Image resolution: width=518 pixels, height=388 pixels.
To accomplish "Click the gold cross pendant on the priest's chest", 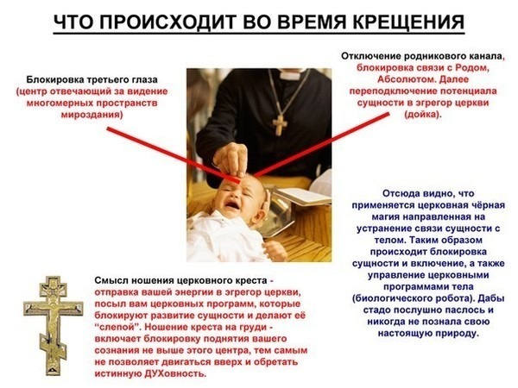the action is [x=280, y=125].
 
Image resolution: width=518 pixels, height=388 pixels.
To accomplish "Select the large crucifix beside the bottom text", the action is [x=53, y=325].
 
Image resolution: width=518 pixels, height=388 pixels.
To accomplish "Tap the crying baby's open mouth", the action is [x=232, y=205].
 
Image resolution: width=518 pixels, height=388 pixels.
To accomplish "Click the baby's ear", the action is [x=263, y=207].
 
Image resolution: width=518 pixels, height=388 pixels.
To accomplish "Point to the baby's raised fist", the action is [x=275, y=251].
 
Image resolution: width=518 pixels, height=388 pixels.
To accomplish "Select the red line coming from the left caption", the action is [x=174, y=155].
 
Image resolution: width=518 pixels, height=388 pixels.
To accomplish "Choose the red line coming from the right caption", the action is [x=321, y=144].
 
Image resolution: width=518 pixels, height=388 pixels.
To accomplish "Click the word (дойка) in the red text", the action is [x=422, y=115].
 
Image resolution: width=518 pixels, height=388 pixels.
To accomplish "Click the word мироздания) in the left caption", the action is [x=92, y=115].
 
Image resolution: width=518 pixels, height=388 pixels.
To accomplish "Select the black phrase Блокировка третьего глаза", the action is [x=92, y=80].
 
